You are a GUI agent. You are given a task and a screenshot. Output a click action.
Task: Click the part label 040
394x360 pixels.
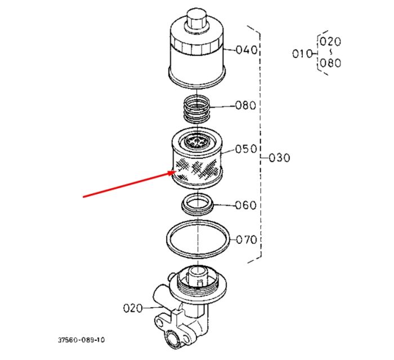click(247, 50)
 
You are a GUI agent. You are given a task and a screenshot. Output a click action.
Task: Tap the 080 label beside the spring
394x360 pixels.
click(245, 105)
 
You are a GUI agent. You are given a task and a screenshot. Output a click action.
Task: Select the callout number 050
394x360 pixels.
click(246, 149)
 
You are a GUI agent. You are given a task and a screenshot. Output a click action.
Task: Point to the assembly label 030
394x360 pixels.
click(279, 158)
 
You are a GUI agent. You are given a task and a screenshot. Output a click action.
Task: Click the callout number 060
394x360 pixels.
click(246, 205)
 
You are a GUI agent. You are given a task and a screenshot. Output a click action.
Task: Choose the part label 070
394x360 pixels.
click(247, 239)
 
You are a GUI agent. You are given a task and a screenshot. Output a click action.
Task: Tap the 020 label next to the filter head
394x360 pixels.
click(133, 308)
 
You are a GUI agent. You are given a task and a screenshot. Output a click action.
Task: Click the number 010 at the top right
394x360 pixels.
click(303, 54)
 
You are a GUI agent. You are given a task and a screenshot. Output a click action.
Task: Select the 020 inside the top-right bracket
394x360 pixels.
click(330, 42)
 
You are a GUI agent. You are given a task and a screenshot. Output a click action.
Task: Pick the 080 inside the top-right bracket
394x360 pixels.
click(330, 63)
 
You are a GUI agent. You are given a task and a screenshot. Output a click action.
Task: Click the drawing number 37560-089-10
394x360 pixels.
click(82, 340)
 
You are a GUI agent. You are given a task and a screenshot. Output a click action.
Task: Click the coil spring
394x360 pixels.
click(197, 109)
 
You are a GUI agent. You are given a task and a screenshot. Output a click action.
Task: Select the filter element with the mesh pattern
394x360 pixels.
click(197, 158)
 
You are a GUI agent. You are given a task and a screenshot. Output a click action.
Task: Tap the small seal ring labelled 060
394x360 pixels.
click(198, 204)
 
